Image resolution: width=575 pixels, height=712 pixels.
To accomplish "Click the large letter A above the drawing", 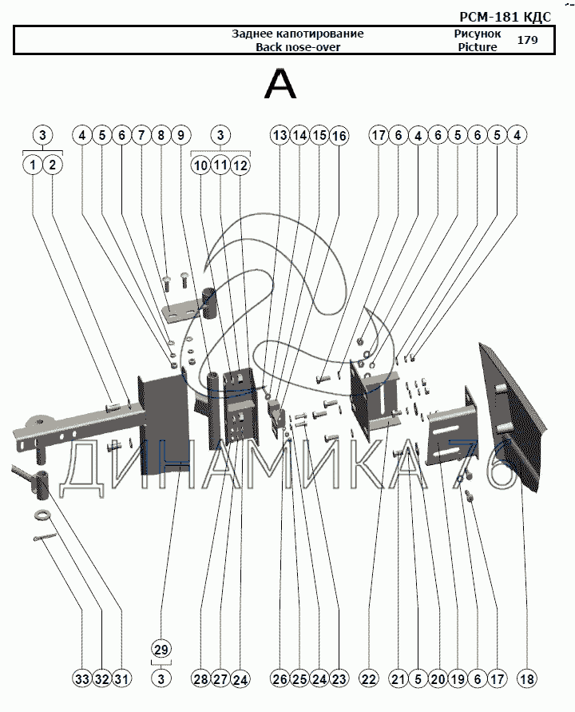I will click(x=280, y=85).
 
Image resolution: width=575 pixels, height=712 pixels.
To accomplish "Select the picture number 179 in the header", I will click(x=527, y=40).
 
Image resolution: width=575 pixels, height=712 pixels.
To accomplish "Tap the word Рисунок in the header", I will click(x=477, y=34).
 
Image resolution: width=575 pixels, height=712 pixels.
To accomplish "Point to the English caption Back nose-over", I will click(x=297, y=47).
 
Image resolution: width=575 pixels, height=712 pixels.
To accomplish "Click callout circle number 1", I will click(x=32, y=165).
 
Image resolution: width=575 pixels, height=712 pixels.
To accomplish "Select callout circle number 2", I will click(x=52, y=165).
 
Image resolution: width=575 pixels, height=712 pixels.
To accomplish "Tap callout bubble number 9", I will click(x=180, y=136).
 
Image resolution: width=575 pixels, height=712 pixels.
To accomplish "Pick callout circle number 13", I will click(x=279, y=136).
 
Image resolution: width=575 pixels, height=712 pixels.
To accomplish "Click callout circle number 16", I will click(x=339, y=136).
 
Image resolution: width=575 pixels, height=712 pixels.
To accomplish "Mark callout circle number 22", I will click(x=369, y=679).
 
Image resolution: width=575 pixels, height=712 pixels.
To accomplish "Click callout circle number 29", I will click(x=161, y=649).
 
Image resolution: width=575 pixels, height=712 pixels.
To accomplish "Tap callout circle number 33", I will click(x=81, y=679).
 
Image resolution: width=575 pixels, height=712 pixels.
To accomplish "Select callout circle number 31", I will click(x=121, y=679).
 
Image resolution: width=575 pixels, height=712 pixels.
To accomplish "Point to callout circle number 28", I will click(x=200, y=679).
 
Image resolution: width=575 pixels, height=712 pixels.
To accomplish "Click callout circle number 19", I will click(x=457, y=679).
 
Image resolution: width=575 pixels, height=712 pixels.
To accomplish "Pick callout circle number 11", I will click(x=221, y=165).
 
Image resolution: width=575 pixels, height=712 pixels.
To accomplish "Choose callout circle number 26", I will click(x=279, y=679).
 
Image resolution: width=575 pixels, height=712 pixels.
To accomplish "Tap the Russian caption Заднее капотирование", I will click(x=297, y=34).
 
